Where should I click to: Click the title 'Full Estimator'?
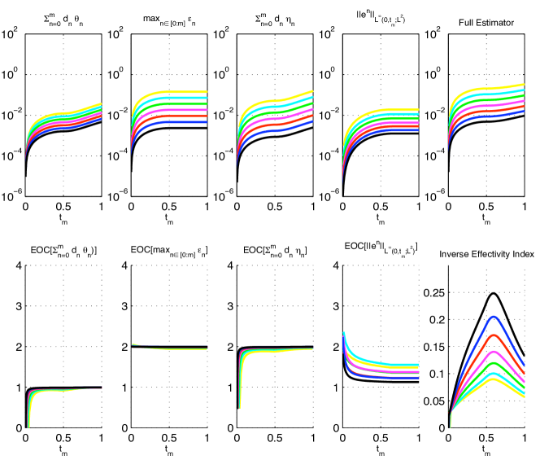[x=486, y=23]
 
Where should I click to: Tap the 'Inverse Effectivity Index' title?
[x=486, y=254]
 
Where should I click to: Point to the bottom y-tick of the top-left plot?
[x=12, y=194]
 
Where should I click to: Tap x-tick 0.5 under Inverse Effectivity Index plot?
[x=486, y=440]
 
